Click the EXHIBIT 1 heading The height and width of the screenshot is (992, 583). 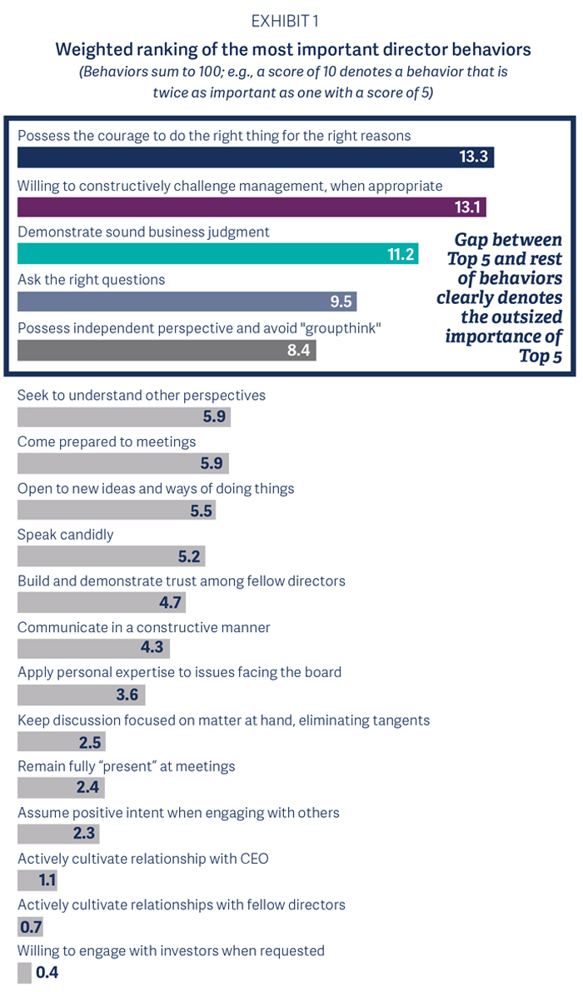click(x=291, y=21)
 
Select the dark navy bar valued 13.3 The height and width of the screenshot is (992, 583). click(x=250, y=157)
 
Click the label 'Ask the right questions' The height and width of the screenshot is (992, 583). click(x=92, y=280)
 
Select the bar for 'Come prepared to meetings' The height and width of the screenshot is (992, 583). click(x=122, y=464)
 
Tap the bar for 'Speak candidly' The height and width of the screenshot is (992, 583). click(x=111, y=556)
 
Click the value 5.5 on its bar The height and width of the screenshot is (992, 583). click(x=201, y=511)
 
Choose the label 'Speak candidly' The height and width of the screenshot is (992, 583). click(x=66, y=534)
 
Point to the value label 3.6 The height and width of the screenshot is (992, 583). click(x=127, y=695)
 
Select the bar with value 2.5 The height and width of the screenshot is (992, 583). click(x=61, y=741)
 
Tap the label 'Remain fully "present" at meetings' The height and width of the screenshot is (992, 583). click(x=127, y=765)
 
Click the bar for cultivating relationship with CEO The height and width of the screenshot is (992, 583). click(x=37, y=880)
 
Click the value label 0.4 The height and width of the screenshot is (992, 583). click(x=47, y=972)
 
